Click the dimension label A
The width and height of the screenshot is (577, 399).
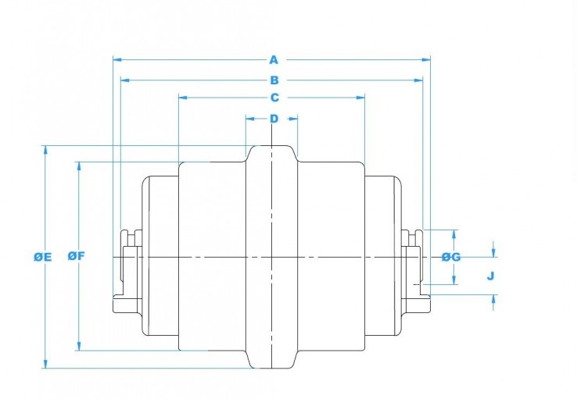pyautogui.click(x=274, y=59)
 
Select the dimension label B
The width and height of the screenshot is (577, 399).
pyautogui.click(x=274, y=80)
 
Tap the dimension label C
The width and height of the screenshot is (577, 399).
pyautogui.click(x=274, y=98)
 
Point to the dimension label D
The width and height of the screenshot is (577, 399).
pyautogui.click(x=274, y=119)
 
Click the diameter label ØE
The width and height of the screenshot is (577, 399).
pyautogui.click(x=42, y=256)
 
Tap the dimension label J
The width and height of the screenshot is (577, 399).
pyautogui.click(x=490, y=276)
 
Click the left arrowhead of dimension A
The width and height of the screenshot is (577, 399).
pyautogui.click(x=116, y=59)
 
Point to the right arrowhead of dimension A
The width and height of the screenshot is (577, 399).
pyautogui.click(x=428, y=59)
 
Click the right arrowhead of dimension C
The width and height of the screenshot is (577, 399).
pyautogui.click(x=363, y=98)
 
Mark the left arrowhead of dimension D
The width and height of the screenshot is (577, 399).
pyautogui.click(x=249, y=119)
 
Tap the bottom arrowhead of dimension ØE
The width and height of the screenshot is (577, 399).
pyautogui.click(x=45, y=365)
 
